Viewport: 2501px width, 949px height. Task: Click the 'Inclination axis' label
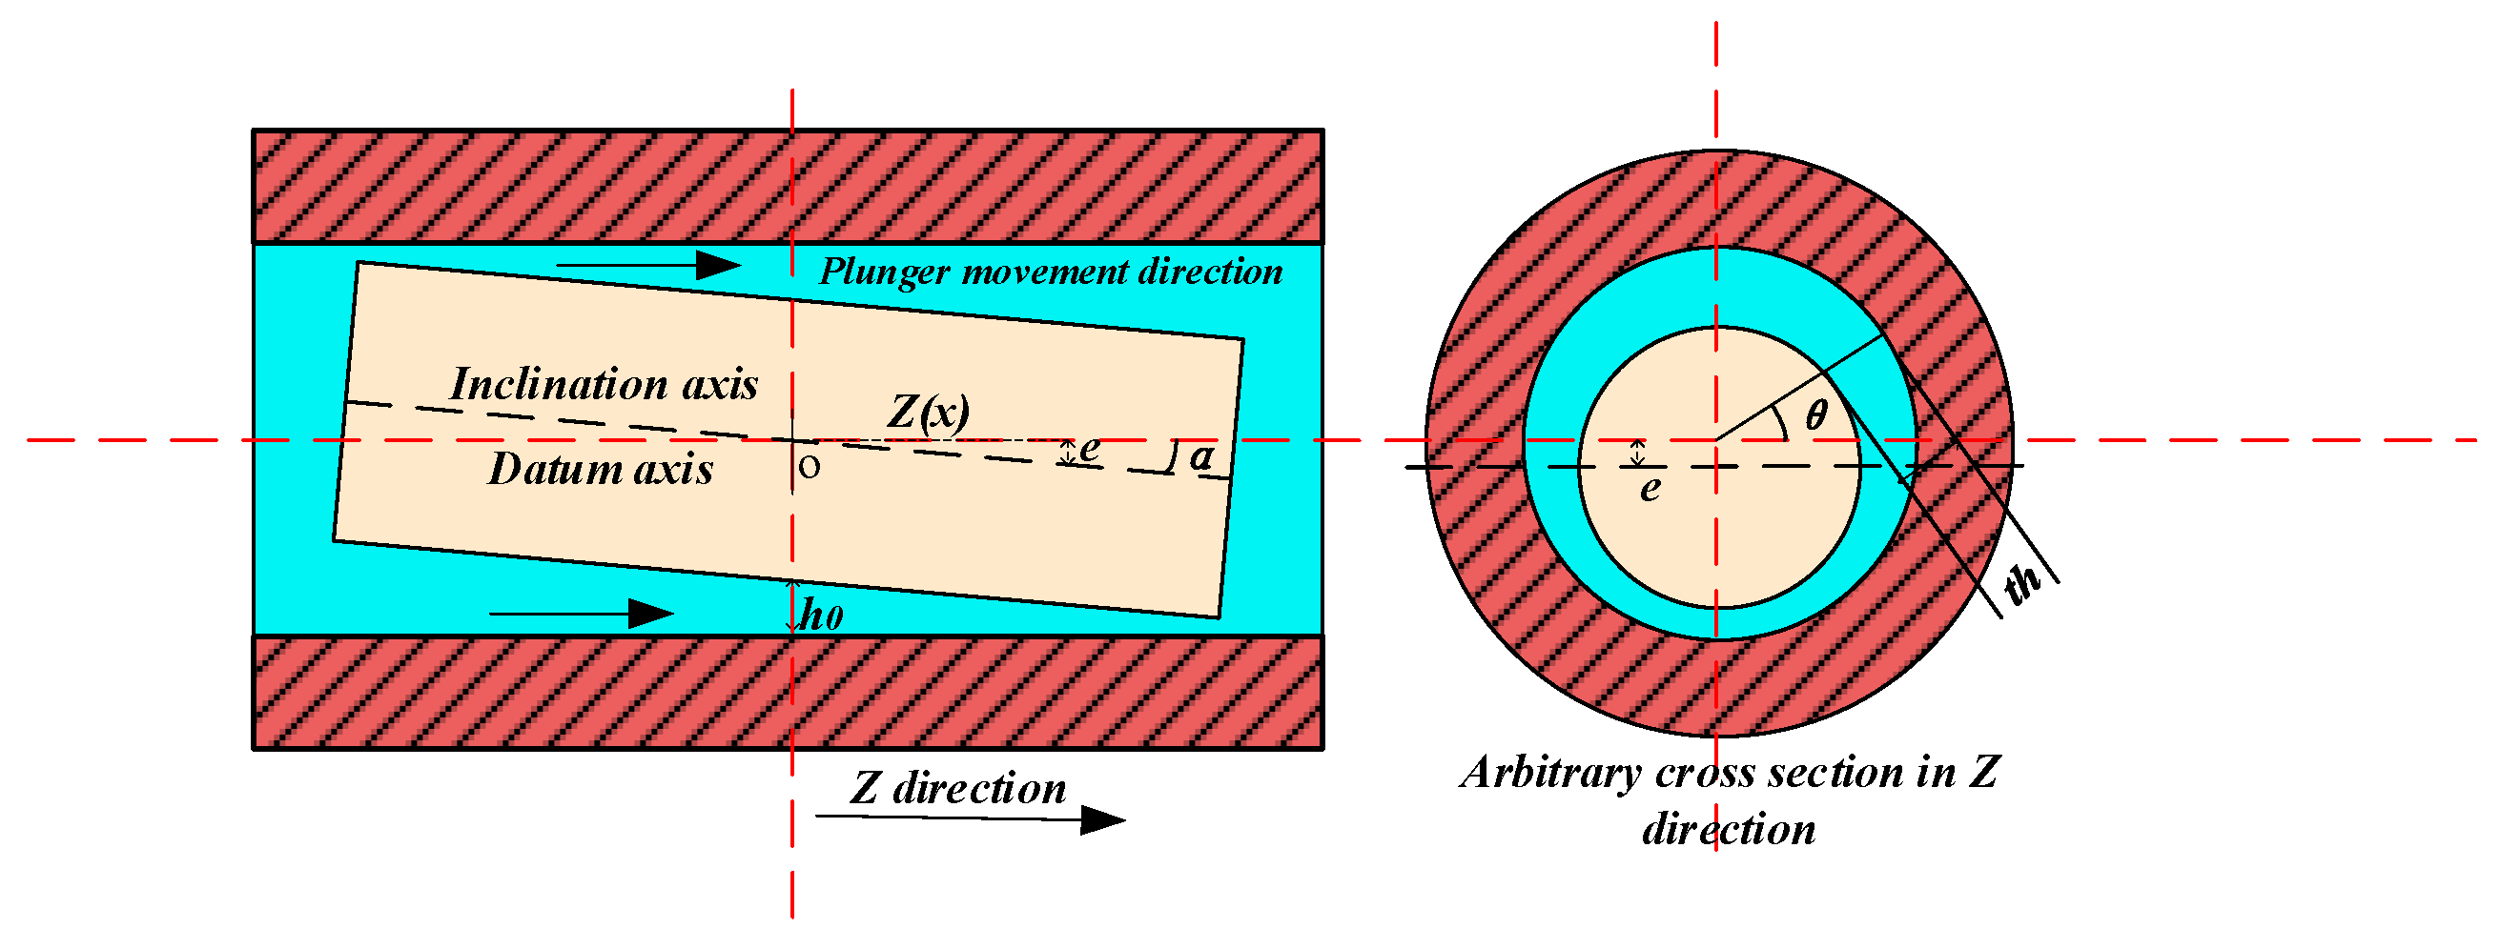pyautogui.click(x=603, y=384)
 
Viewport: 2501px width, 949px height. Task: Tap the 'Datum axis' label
pyautogui.click(x=600, y=470)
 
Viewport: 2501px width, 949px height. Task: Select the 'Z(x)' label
pyautogui.click(x=927, y=412)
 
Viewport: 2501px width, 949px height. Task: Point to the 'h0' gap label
pyautogui.click(x=822, y=616)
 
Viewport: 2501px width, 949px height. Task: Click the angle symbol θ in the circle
pyautogui.click(x=1815, y=415)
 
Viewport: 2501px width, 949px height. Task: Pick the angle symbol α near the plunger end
pyautogui.click(x=1202, y=456)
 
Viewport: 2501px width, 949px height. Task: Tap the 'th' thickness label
pyautogui.click(x=2022, y=585)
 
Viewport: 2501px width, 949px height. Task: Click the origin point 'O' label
pyautogui.click(x=809, y=468)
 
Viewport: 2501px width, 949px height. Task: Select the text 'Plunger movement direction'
pyautogui.click(x=1051, y=272)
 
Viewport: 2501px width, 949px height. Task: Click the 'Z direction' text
pyautogui.click(x=958, y=788)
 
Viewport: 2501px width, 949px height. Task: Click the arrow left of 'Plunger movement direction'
pyautogui.click(x=647, y=264)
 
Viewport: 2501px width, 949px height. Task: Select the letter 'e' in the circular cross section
pyautogui.click(x=1650, y=488)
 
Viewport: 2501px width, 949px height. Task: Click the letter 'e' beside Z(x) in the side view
pyautogui.click(x=1089, y=449)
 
